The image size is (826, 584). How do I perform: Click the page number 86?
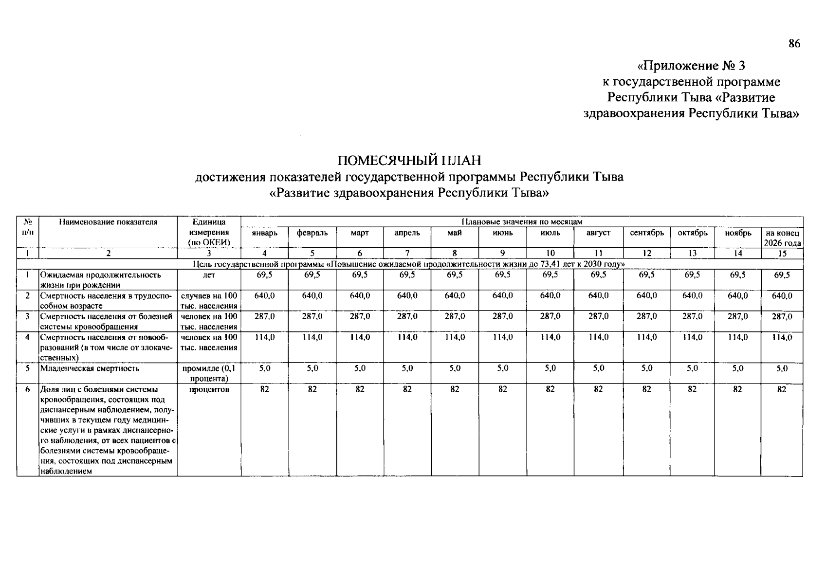pyautogui.click(x=794, y=44)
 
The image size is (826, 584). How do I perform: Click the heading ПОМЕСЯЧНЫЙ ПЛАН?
pyautogui.click(x=409, y=160)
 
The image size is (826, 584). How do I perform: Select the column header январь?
pyautogui.click(x=264, y=233)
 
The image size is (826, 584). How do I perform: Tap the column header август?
pyautogui.click(x=598, y=233)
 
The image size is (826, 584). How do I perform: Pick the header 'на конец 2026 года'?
pyautogui.click(x=782, y=238)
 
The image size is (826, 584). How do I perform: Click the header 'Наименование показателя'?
pyautogui.click(x=108, y=222)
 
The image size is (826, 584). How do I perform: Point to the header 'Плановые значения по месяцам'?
pyautogui.click(x=521, y=222)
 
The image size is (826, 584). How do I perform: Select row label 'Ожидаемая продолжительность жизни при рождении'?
pyautogui.click(x=100, y=280)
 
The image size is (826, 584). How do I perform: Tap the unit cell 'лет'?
pyautogui.click(x=209, y=275)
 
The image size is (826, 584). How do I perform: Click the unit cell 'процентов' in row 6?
pyautogui.click(x=209, y=389)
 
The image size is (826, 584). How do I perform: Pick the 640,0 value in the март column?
pyautogui.click(x=360, y=295)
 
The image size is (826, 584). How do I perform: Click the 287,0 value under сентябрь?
pyautogui.click(x=646, y=316)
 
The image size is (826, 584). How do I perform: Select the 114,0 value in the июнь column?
pyautogui.click(x=503, y=337)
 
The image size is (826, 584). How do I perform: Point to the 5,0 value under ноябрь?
pyautogui.click(x=737, y=368)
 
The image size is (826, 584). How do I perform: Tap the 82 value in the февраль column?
pyautogui.click(x=312, y=389)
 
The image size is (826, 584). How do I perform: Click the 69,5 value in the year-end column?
pyautogui.click(x=782, y=275)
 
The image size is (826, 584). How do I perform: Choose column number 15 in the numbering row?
pyautogui.click(x=782, y=254)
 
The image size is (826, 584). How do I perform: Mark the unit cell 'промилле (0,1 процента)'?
pyautogui.click(x=209, y=373)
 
